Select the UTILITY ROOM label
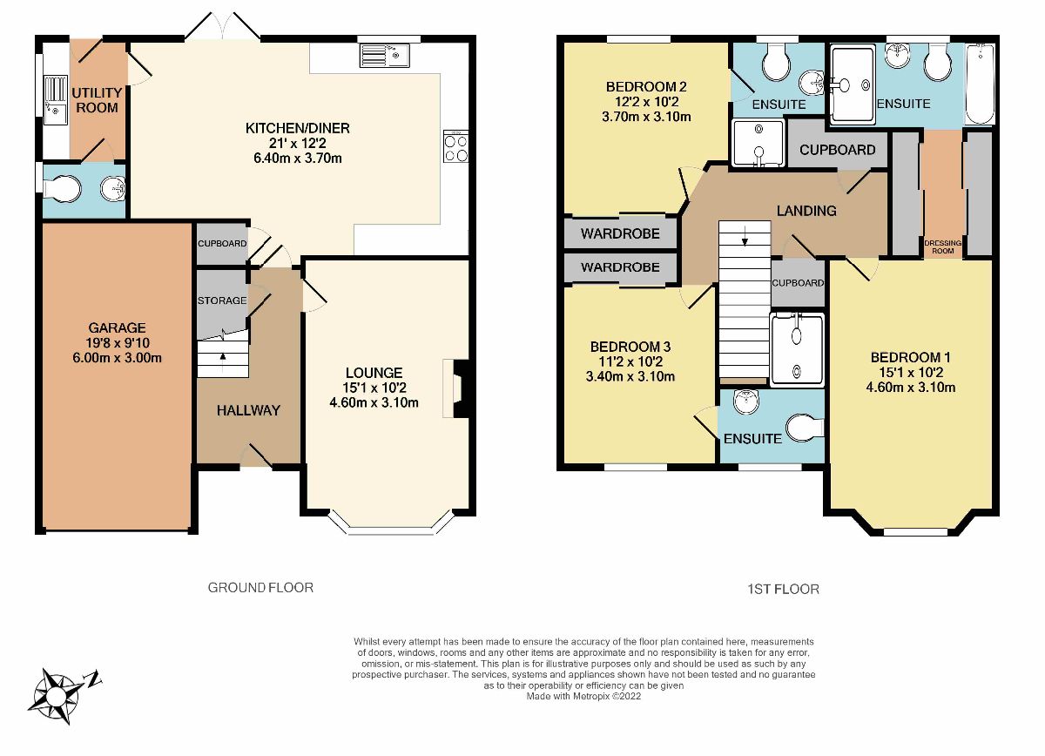pos(95,99)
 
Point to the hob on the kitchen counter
pos(456,146)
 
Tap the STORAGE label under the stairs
pos(222,300)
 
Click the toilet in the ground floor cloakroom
pos(65,188)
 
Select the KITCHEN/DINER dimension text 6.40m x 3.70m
pos(297,158)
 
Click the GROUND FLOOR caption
pos(260,588)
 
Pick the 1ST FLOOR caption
pos(784,590)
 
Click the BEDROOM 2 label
pos(647,86)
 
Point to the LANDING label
pos(806,210)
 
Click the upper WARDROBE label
pos(619,233)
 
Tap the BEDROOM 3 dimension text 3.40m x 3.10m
pos(631,377)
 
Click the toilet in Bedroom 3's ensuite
pos(803,429)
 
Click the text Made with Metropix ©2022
pos(583,696)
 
